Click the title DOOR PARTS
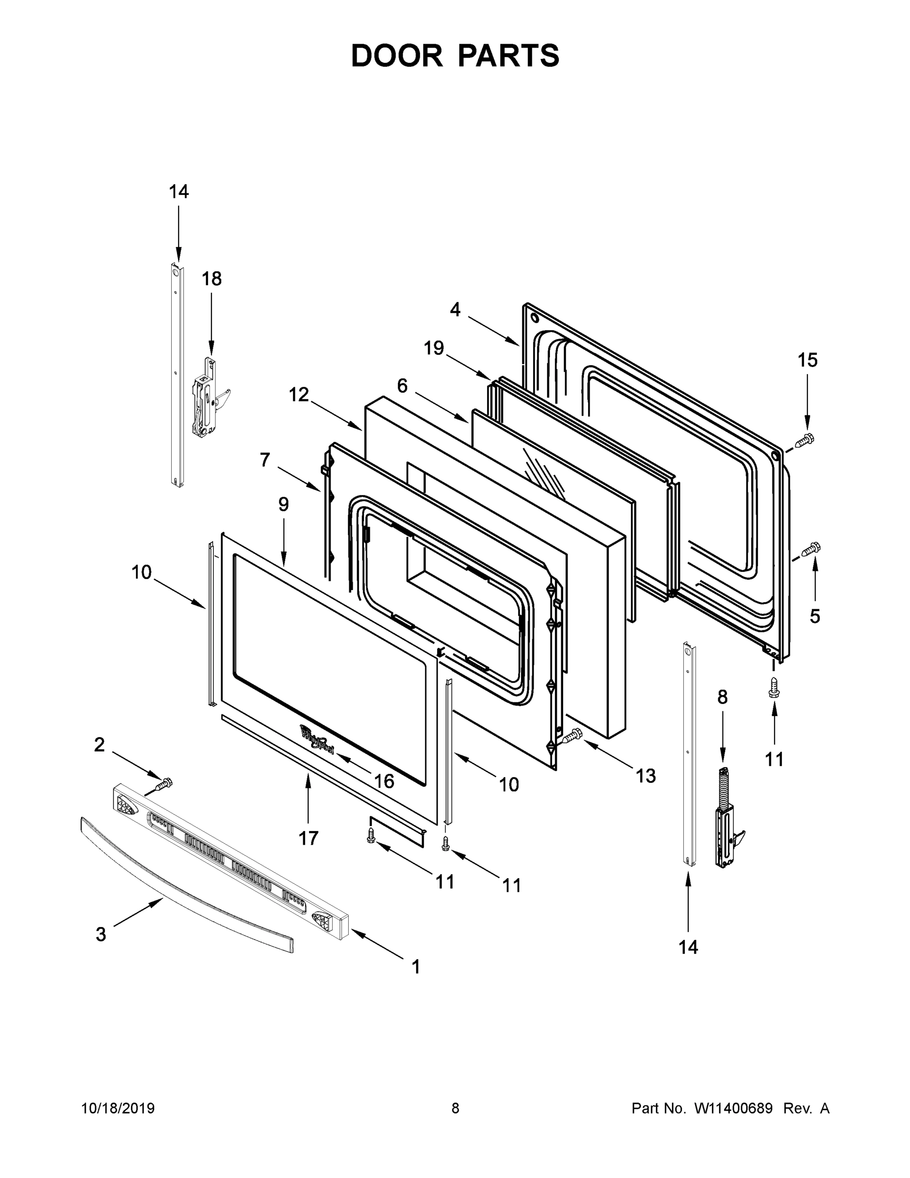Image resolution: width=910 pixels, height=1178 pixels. (x=455, y=55)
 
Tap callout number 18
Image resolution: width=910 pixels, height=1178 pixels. (x=211, y=279)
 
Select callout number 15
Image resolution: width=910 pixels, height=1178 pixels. (x=807, y=360)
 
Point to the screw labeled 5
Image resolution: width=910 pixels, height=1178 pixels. (x=810, y=550)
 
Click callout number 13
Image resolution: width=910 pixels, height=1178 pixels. (x=645, y=776)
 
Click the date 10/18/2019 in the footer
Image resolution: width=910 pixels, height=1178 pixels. (x=118, y=1108)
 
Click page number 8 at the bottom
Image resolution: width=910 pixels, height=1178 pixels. (x=455, y=1108)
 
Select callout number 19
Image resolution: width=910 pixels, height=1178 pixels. (x=434, y=348)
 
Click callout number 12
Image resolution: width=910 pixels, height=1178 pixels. (x=299, y=395)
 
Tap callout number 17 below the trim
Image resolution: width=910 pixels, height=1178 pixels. (x=309, y=838)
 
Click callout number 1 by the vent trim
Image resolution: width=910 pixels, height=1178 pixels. (x=415, y=966)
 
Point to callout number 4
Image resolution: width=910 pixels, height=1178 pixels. (x=455, y=310)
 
